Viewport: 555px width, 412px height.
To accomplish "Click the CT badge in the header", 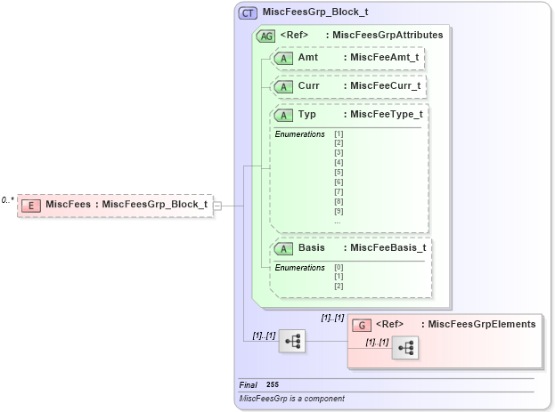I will click(249, 13).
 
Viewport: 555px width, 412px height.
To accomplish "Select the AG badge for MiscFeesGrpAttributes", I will click(265, 36).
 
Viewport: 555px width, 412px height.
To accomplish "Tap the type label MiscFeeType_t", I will click(386, 115).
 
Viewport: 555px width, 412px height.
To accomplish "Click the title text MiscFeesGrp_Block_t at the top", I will click(315, 13).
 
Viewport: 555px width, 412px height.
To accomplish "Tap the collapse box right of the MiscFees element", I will click(217, 206).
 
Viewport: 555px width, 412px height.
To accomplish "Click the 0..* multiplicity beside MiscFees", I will click(8, 200).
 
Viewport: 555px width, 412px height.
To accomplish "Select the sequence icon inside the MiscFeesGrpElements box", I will click(404, 348).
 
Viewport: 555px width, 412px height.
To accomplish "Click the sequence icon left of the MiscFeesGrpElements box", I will click(291, 341).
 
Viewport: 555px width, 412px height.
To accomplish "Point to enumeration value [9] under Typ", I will click(339, 211).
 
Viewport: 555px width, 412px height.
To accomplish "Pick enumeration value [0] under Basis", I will click(339, 267).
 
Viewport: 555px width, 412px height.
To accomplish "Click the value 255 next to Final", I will click(273, 384).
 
